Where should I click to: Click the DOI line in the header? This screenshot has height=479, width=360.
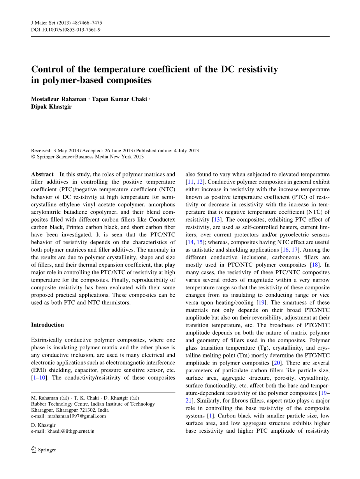66,29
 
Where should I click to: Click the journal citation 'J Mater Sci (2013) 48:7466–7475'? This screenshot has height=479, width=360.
66,23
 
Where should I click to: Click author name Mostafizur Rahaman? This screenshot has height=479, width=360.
59,99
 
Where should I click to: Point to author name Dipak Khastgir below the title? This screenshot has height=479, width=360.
51,107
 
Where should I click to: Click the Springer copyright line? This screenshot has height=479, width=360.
87,157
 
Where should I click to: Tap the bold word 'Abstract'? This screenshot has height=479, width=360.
42,174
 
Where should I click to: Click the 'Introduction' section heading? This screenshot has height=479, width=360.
47,325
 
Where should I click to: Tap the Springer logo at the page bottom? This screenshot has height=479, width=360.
44,450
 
